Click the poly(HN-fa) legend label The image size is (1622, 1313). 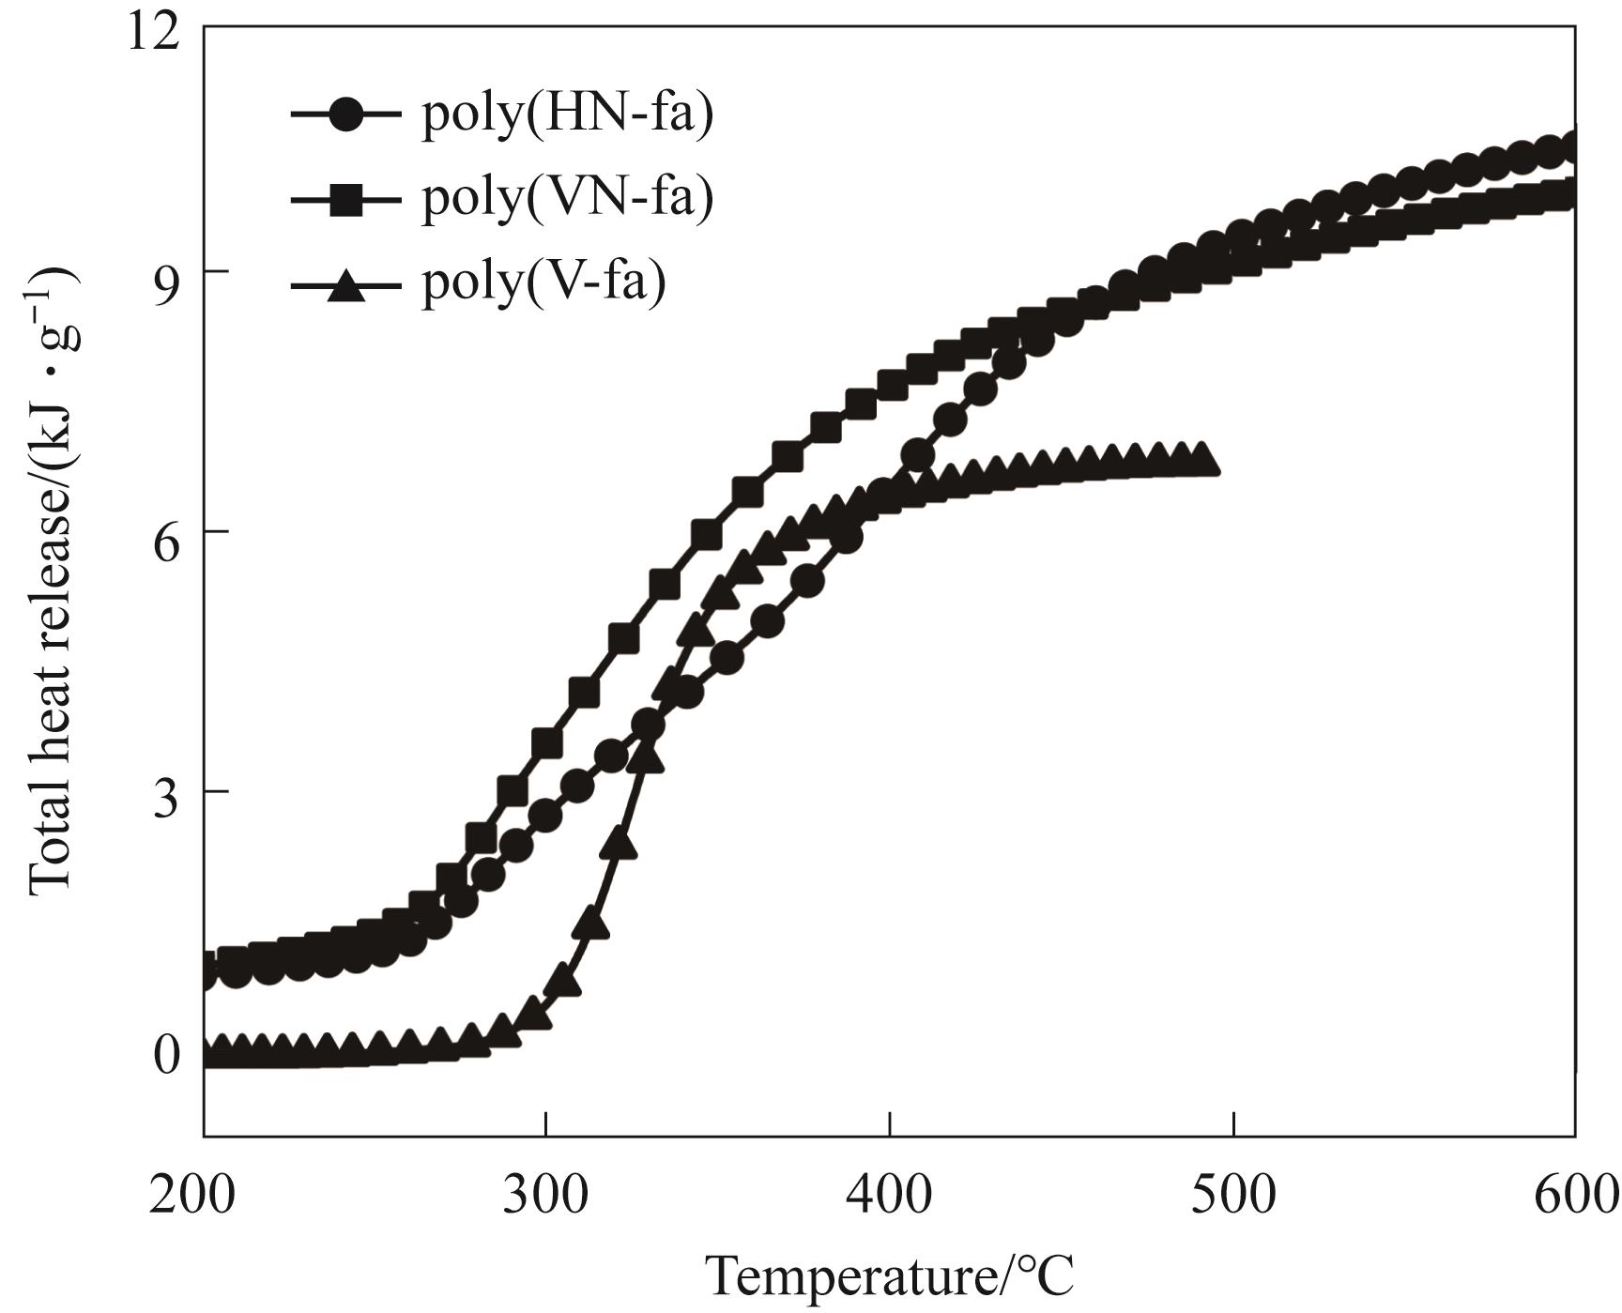[567, 115]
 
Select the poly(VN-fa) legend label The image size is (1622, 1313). [567, 198]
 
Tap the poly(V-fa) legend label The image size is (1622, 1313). [543, 281]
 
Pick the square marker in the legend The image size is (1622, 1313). [346, 198]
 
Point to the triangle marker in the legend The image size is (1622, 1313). [346, 282]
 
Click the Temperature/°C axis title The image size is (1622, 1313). [889, 1276]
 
